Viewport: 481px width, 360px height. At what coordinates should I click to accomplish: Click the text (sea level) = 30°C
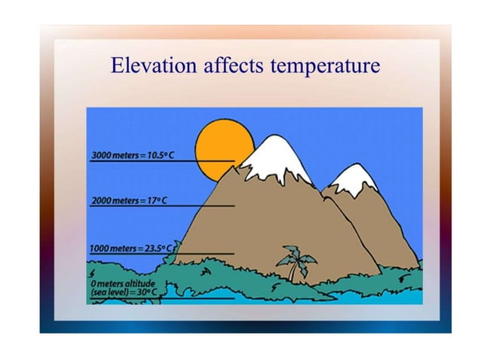tap(124, 291)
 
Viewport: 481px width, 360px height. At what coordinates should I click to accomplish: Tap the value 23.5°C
tap(160, 248)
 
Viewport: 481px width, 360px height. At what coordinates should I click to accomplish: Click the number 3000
tap(101, 154)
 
